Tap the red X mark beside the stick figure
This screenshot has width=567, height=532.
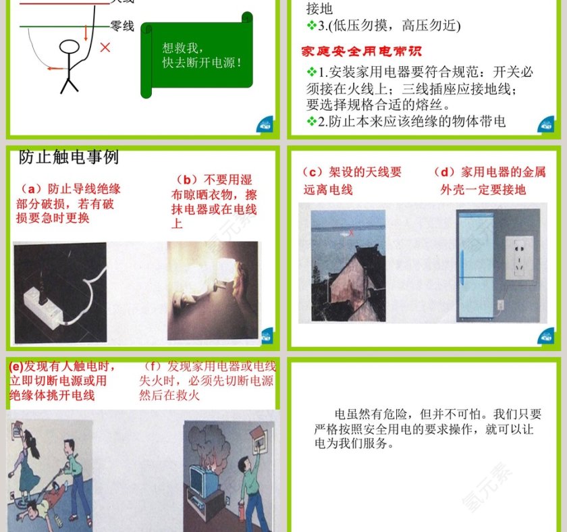105,47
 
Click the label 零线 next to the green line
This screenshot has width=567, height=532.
122,26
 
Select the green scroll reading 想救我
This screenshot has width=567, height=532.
200,57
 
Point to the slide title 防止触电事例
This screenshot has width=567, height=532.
69,157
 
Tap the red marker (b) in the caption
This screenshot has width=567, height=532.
188,180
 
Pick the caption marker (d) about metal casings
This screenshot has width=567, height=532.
444,172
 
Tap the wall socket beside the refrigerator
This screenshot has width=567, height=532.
519,257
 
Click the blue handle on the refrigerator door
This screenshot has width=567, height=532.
462,267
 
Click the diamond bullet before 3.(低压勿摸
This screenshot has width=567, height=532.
311,26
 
